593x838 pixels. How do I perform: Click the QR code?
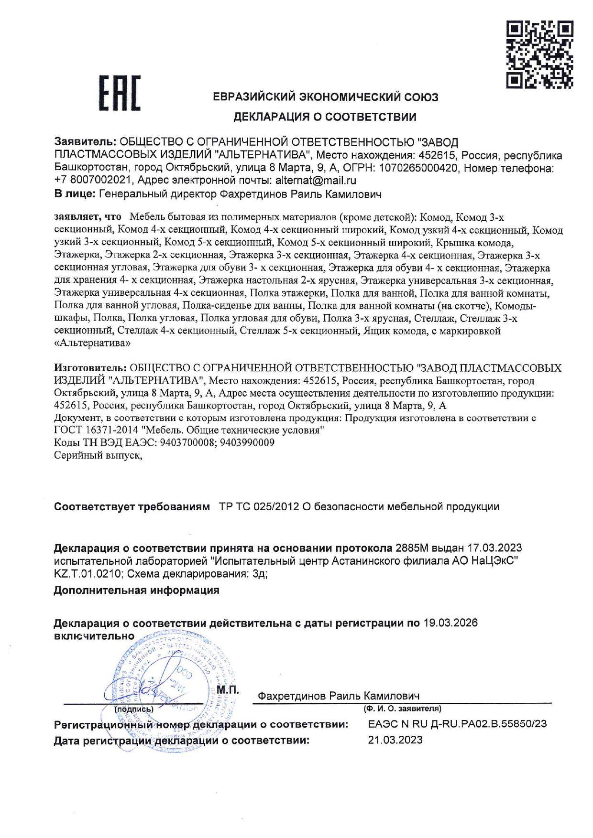click(539, 54)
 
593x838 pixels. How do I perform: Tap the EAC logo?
click(120, 93)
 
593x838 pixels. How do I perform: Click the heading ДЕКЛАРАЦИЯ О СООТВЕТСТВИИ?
click(325, 117)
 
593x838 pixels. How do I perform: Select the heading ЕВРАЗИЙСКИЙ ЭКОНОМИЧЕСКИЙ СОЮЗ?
click(325, 97)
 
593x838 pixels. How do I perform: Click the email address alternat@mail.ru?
click(316, 181)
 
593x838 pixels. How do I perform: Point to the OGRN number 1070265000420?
click(418, 168)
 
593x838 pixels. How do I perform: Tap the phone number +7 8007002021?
click(93, 181)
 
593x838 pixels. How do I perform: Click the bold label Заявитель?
click(85, 142)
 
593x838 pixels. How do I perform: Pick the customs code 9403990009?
click(247, 442)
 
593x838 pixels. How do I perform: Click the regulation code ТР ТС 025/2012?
click(259, 507)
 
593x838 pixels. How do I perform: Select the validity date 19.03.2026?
click(450, 623)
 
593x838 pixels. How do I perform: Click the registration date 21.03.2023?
click(395, 740)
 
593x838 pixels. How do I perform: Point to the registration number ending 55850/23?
click(457, 724)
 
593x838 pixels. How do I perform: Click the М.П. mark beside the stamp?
click(228, 690)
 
